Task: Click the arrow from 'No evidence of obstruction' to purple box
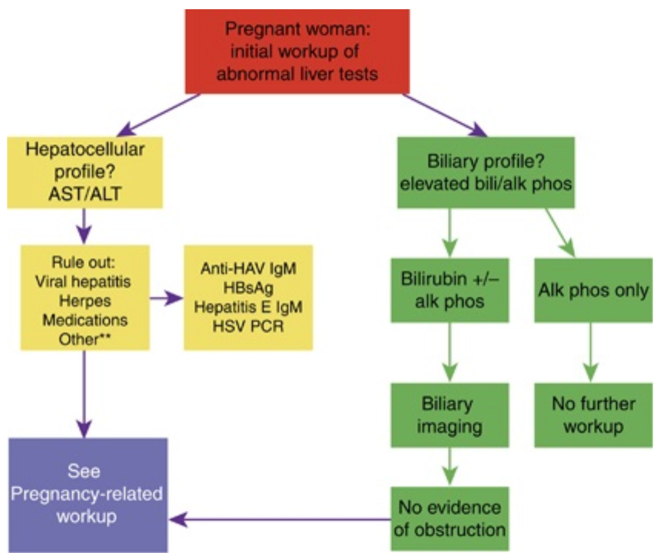click(x=280, y=519)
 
